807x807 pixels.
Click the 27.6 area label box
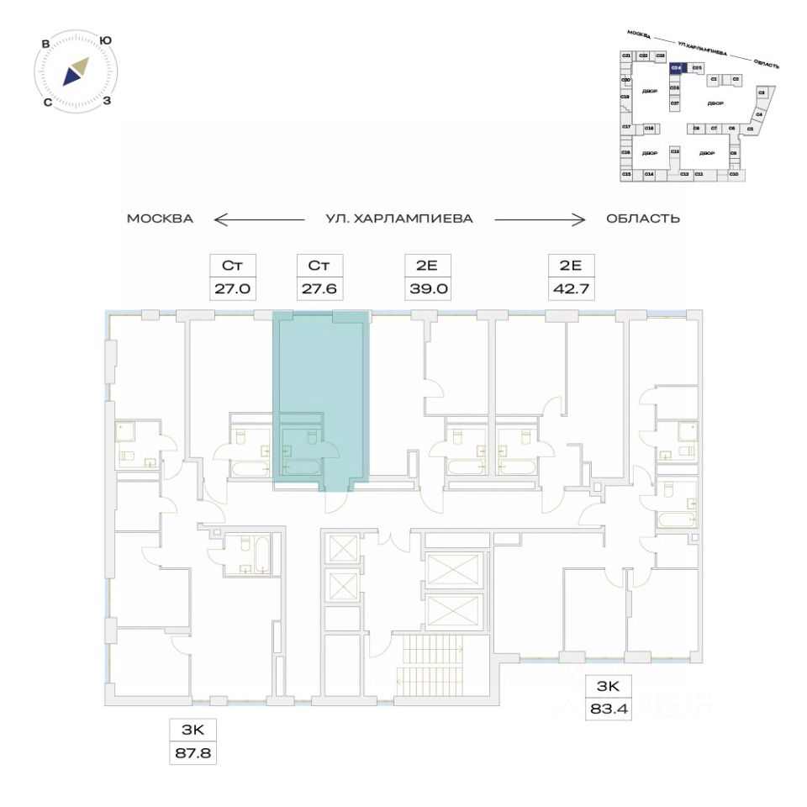click(318, 291)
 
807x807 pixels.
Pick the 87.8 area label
click(193, 753)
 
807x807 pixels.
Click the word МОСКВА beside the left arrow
click(161, 219)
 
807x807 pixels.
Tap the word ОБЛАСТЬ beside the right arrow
click(642, 219)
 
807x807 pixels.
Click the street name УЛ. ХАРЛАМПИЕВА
click(399, 219)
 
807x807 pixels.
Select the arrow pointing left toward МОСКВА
click(258, 219)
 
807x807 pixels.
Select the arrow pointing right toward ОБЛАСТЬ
click(539, 219)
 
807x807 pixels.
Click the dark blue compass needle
click(71, 76)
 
